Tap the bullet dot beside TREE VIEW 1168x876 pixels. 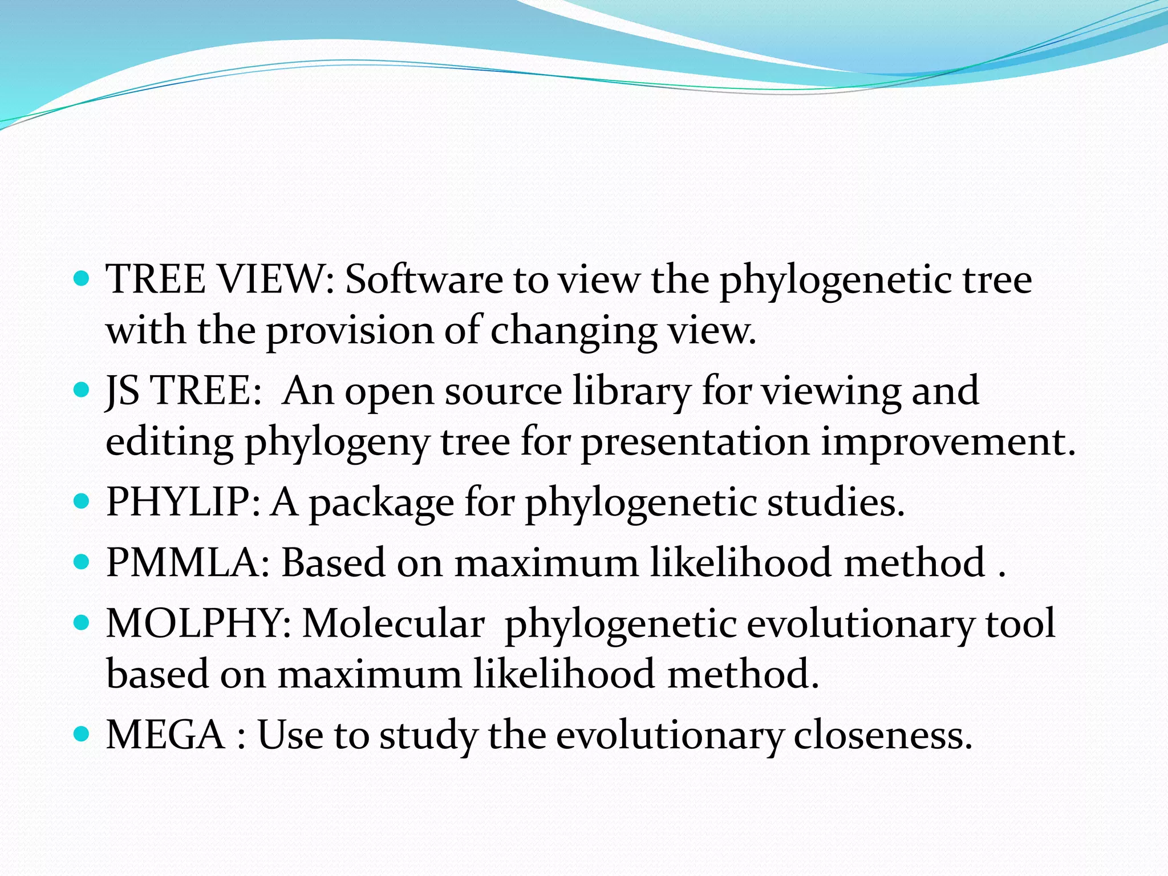click(83, 279)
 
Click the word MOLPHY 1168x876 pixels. click(199, 623)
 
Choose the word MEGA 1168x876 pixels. click(165, 735)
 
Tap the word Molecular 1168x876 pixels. click(393, 623)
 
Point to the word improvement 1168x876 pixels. click(947, 442)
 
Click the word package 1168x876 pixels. click(382, 503)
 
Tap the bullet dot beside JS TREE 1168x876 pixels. click(83, 390)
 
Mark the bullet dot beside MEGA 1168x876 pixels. click(83, 733)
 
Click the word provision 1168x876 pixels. click(350, 331)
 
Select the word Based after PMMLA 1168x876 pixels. click(333, 563)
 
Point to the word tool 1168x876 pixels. click(1021, 623)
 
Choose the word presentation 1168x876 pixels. click(695, 442)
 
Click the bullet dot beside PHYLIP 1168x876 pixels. click(83, 501)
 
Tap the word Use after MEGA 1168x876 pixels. click(290, 735)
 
